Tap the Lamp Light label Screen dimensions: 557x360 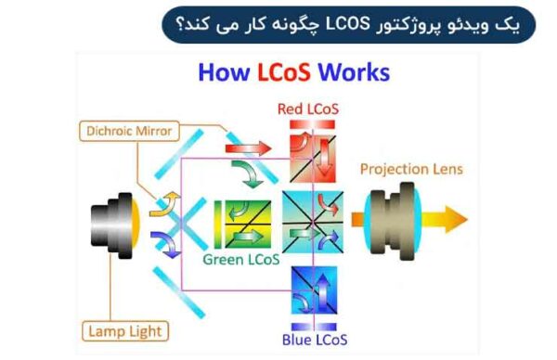pos(124,330)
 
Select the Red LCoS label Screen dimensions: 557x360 pos(308,109)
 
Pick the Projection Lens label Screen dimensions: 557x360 pos(411,169)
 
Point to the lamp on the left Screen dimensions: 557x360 pos(115,223)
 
